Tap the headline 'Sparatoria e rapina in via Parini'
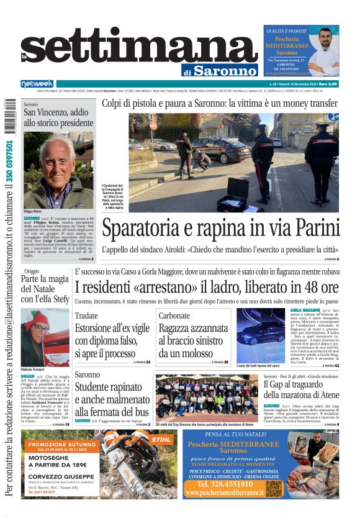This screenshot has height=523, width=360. [x=221, y=229]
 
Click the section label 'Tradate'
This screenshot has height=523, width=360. [x=86, y=316]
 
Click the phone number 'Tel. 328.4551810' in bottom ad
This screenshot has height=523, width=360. [x=224, y=484]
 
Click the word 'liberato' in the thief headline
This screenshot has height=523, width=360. [x=260, y=288]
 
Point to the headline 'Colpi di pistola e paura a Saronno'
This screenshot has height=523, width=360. [x=220, y=103]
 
